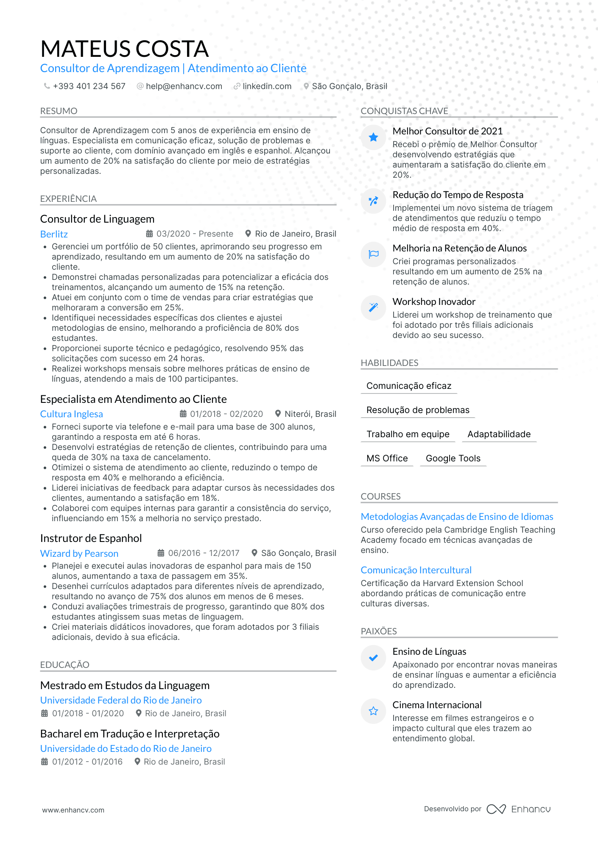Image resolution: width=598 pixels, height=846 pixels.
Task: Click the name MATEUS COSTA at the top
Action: click(x=124, y=49)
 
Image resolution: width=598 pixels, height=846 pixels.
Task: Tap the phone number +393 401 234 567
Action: click(x=89, y=86)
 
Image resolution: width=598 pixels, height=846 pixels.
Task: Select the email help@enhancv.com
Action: click(x=184, y=86)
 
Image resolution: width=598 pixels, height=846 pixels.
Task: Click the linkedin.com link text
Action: click(x=267, y=86)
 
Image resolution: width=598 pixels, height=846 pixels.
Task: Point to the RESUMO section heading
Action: click(x=59, y=111)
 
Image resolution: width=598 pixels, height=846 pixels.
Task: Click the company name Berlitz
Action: click(x=54, y=234)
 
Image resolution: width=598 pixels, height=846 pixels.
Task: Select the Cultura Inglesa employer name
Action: click(x=72, y=414)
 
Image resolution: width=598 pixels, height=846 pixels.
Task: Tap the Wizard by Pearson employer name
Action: click(x=79, y=553)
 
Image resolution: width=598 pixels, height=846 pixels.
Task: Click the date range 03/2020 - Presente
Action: click(x=195, y=234)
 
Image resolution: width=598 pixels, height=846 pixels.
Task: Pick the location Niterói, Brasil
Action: click(x=310, y=414)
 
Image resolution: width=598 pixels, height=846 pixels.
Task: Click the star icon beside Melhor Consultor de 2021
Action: click(x=373, y=137)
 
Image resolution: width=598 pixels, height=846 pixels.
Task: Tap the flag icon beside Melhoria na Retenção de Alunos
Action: click(x=373, y=254)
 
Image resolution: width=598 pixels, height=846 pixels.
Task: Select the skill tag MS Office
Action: click(x=387, y=458)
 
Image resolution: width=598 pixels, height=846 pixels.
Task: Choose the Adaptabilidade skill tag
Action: click(x=499, y=434)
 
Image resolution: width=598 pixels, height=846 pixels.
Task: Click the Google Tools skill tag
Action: click(x=453, y=458)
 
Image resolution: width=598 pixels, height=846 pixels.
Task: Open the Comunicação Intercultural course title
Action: click(x=416, y=570)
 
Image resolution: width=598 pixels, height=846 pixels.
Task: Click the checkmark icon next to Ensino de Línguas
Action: click(x=373, y=658)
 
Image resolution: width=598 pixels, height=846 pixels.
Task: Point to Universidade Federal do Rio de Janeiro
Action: click(x=121, y=700)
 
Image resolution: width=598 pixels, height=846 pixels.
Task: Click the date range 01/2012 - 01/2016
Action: click(x=87, y=762)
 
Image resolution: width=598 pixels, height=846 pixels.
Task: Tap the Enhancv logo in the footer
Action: click(x=519, y=809)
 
